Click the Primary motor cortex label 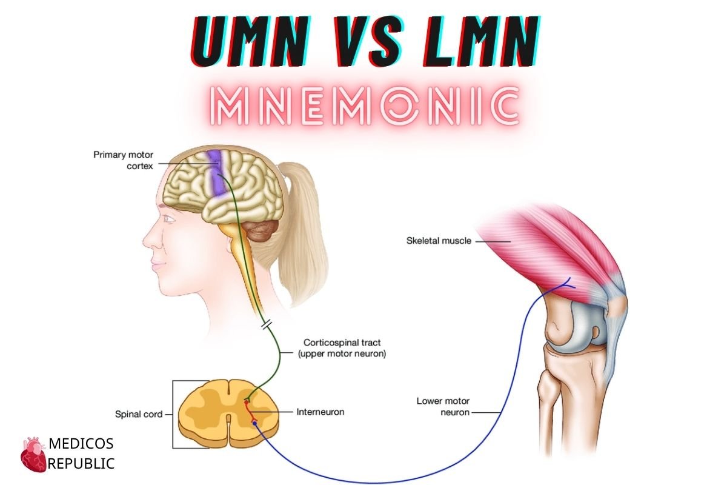pyautogui.click(x=123, y=160)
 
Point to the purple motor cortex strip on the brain pyautogui.click(x=216, y=174)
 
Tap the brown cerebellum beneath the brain pyautogui.click(x=261, y=230)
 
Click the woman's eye pyautogui.click(x=170, y=219)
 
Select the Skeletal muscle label pyautogui.click(x=439, y=241)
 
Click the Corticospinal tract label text pyautogui.click(x=342, y=348)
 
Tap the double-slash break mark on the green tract pyautogui.click(x=267, y=324)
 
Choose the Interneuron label pyautogui.click(x=320, y=412)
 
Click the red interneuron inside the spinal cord pyautogui.click(x=250, y=412)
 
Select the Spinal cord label pyautogui.click(x=139, y=414)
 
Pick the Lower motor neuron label pyautogui.click(x=443, y=406)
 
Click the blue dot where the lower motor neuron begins pyautogui.click(x=255, y=423)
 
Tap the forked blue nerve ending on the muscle pyautogui.click(x=567, y=284)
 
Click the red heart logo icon pyautogui.click(x=33, y=455)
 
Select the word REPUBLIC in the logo pyautogui.click(x=81, y=464)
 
